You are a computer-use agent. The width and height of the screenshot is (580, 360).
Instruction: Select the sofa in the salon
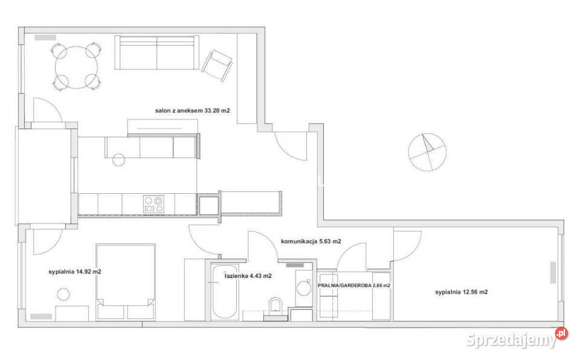(x=157, y=52)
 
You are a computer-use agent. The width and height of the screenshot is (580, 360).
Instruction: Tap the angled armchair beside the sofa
(x=217, y=65)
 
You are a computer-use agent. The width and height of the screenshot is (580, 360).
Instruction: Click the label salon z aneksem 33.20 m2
(x=192, y=111)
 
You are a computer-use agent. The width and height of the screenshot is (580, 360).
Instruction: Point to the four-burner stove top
(x=153, y=204)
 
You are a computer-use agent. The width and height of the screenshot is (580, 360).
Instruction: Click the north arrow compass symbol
(x=427, y=152)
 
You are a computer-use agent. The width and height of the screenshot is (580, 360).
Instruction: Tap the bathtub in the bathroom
(x=225, y=292)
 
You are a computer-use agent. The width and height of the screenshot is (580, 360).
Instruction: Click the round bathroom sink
(x=304, y=288)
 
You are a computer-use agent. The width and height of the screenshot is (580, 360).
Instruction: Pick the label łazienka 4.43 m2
(x=248, y=275)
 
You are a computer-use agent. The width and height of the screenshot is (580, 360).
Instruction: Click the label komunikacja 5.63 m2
(x=311, y=242)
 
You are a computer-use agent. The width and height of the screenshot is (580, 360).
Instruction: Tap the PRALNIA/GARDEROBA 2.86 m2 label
(x=354, y=285)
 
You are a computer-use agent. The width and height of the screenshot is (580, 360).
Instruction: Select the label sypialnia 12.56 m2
(x=461, y=292)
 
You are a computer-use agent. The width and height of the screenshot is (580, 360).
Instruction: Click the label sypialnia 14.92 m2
(x=75, y=272)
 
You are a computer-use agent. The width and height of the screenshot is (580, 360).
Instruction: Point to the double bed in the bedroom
(x=126, y=282)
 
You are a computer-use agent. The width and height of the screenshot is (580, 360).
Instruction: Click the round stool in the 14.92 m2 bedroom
(x=63, y=295)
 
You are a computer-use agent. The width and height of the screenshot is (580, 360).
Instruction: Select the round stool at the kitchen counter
(x=119, y=160)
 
